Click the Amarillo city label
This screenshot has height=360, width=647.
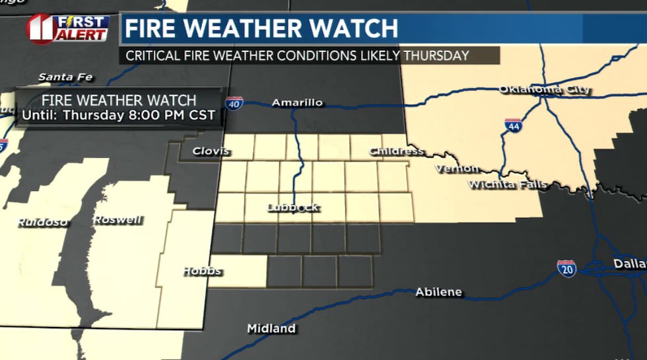click(297, 102)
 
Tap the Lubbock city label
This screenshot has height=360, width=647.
click(293, 207)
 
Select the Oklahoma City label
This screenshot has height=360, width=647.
click(545, 89)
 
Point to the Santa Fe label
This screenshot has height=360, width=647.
click(65, 77)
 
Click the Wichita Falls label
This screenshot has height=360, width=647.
click(508, 184)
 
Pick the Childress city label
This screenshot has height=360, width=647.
click(396, 151)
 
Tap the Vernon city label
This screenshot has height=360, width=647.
click(456, 169)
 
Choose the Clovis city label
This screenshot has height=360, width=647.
click(211, 151)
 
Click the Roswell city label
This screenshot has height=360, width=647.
click(118, 220)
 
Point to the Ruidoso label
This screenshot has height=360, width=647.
click(43, 222)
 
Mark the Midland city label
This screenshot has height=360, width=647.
click(271, 328)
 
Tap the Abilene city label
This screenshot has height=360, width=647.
click(438, 292)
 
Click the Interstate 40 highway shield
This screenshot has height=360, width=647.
click(234, 102)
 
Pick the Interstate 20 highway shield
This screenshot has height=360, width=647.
click(566, 268)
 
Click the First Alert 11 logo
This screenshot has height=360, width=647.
click(68, 28)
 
